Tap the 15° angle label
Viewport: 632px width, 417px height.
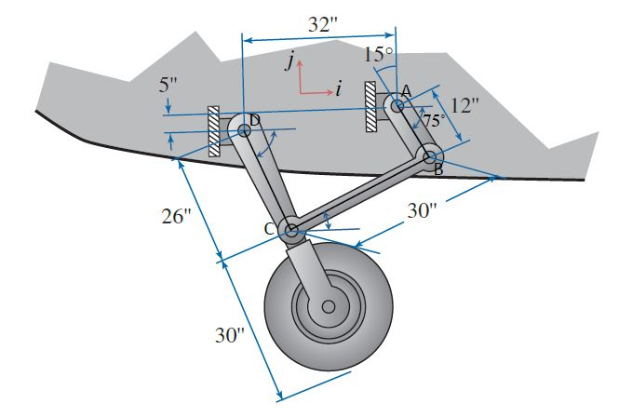click(x=378, y=54)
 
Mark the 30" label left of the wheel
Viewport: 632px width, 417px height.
click(x=229, y=336)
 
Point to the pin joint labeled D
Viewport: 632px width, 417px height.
click(x=245, y=129)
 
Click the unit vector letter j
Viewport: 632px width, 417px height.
click(x=291, y=61)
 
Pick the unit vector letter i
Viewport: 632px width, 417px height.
click(x=340, y=90)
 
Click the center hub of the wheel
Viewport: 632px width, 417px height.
click(x=328, y=306)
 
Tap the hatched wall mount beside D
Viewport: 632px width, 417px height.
click(x=213, y=130)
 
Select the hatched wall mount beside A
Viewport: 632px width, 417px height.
click(x=370, y=104)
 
